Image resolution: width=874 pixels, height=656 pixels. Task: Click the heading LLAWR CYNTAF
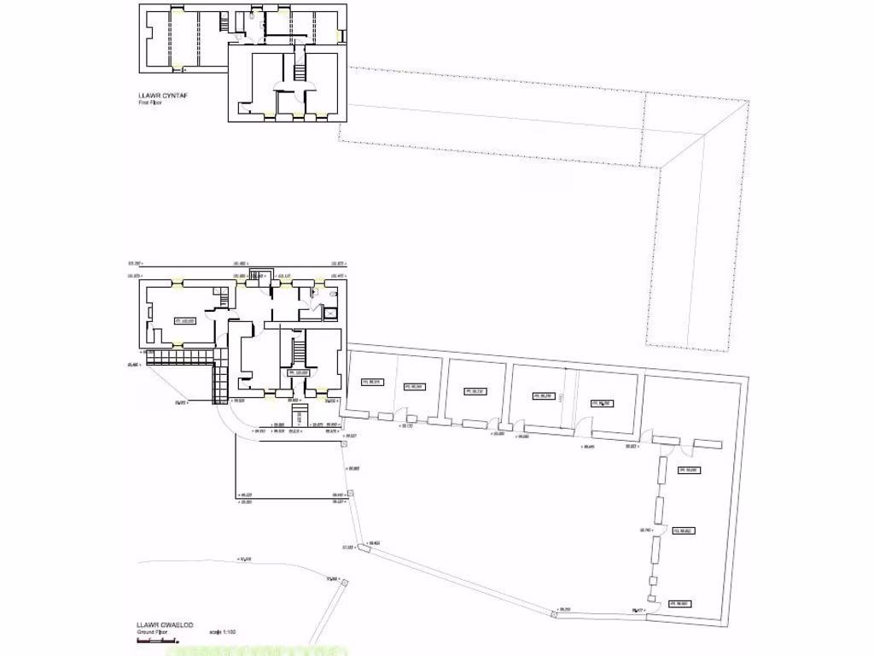pos(163,96)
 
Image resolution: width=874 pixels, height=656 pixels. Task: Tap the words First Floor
pos(151,102)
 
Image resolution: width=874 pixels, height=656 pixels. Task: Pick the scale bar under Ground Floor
pos(157,641)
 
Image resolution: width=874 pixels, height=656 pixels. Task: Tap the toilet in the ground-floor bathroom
pos(315,292)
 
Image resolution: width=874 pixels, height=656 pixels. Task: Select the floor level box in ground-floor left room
pos(185,321)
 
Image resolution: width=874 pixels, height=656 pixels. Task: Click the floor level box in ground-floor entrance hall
pos(297,373)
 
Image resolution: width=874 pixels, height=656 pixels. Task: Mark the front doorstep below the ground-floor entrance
pos(300,417)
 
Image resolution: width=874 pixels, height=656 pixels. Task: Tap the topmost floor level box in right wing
pos(688,470)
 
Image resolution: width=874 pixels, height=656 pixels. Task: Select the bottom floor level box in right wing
pos(679,604)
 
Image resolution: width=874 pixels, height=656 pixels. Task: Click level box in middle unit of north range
pos(475,391)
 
